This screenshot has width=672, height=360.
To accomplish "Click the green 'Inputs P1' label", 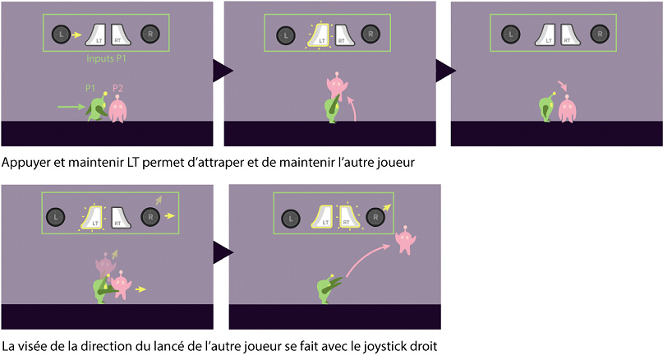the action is [106, 58].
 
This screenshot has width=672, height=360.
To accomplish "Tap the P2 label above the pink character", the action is [117, 88].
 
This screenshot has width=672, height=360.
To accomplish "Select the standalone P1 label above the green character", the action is [90, 88].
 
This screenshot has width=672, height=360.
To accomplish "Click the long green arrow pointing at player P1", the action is [71, 107].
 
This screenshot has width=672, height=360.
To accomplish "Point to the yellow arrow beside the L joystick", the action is [76, 35].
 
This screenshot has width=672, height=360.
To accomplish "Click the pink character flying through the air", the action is [405, 240].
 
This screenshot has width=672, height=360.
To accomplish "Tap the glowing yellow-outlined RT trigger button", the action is [345, 216].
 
